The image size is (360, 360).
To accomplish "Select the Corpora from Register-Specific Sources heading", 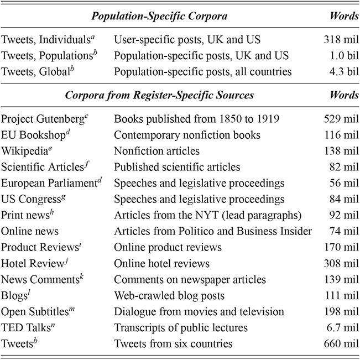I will [x=159, y=95].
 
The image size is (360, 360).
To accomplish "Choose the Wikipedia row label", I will [x=25, y=150].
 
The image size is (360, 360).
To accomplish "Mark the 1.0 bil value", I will [x=341, y=55].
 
